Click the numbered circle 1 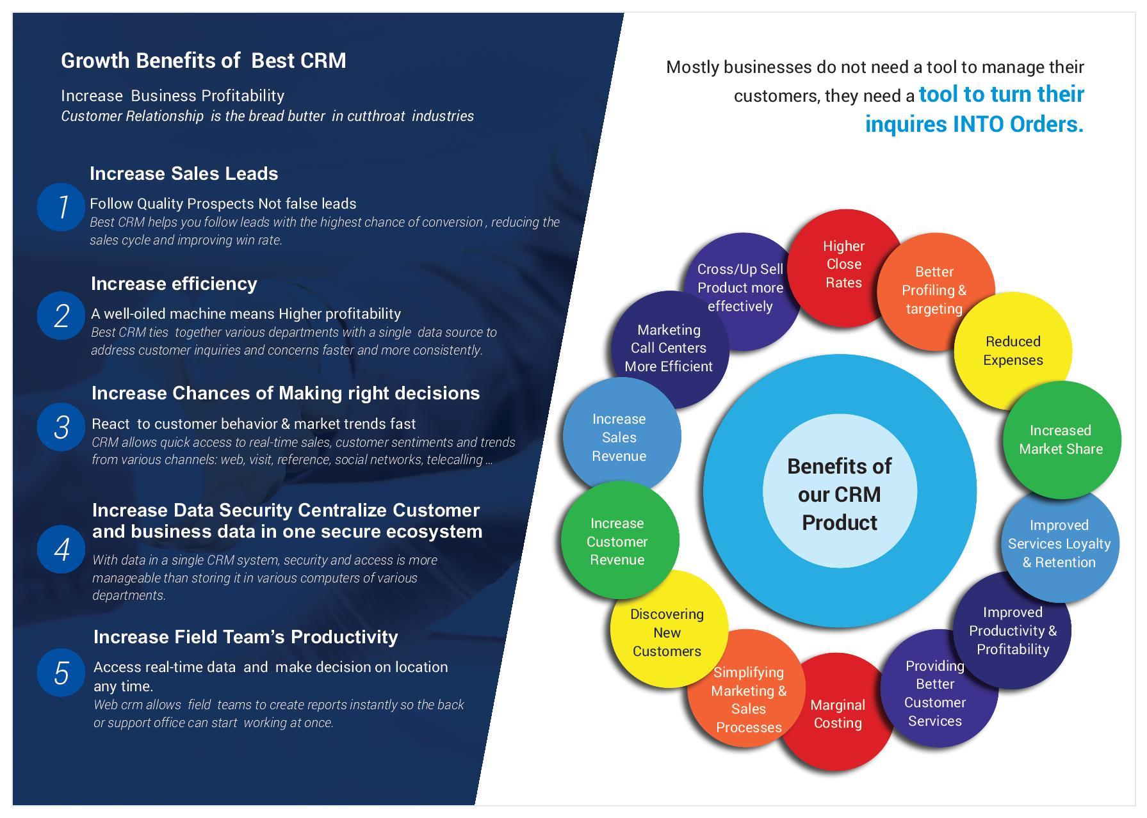pos(61,207)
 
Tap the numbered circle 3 pos(61,427)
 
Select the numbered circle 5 pos(61,673)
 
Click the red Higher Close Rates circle pos(843,264)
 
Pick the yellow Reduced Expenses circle pos(1013,351)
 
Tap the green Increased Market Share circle pos(1061,440)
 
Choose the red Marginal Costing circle pos(837,714)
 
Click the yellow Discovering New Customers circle pos(667,632)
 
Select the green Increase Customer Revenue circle pos(617,541)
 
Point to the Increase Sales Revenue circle pos(619,437)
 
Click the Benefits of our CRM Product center pos(840,494)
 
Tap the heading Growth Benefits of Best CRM pos(203,60)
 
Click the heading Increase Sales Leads pos(184,173)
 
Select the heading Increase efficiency pos(174,284)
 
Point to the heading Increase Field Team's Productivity pos(245,637)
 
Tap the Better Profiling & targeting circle pos(934,290)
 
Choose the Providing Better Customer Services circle pos(935,693)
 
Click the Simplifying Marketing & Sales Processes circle pos(748,700)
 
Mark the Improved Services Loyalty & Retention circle pos(1059,543)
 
